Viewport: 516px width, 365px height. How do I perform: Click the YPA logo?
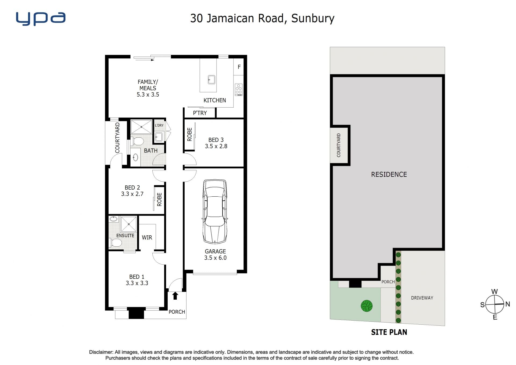point(41,19)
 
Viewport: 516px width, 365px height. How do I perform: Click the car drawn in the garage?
point(215,211)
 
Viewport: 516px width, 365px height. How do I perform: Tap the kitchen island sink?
point(212,80)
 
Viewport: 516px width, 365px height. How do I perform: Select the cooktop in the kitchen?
point(239,90)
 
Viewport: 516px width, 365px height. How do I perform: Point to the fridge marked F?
point(239,67)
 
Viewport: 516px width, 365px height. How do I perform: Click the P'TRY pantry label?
point(200,113)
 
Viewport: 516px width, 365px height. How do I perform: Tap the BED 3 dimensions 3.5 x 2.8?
point(216,146)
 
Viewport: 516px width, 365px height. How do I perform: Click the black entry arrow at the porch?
point(175,296)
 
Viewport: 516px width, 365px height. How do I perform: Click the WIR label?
point(147,238)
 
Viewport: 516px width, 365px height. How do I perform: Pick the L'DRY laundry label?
point(159,125)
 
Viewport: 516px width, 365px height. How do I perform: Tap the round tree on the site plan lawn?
point(367,306)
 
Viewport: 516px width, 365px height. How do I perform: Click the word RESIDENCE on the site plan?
point(389,175)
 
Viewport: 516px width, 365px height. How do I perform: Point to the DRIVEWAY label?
point(422,298)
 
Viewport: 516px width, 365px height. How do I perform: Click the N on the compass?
point(507,304)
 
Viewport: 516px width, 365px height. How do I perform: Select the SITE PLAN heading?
point(389,332)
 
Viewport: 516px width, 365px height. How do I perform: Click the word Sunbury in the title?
point(313,19)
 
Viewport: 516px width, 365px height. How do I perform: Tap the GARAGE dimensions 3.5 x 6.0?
point(215,258)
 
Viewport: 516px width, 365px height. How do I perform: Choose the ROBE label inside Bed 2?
point(159,199)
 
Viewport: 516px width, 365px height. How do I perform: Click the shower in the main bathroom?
point(141,127)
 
